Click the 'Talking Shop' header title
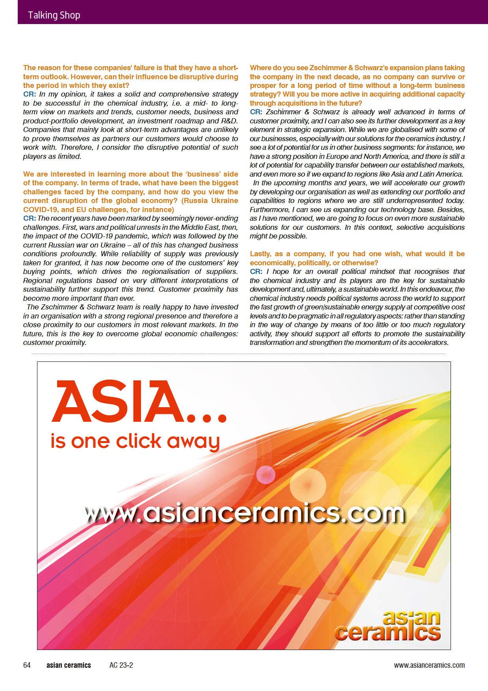click(x=54, y=15)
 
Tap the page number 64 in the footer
click(x=27, y=665)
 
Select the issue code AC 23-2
click(x=121, y=665)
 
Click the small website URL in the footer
click(x=429, y=665)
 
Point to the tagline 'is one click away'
click(x=135, y=441)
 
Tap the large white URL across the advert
click(x=244, y=513)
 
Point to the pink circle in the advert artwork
click(x=265, y=475)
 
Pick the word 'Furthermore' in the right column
click(x=269, y=209)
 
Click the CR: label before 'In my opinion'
click(x=30, y=94)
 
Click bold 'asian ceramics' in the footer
click(x=69, y=665)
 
